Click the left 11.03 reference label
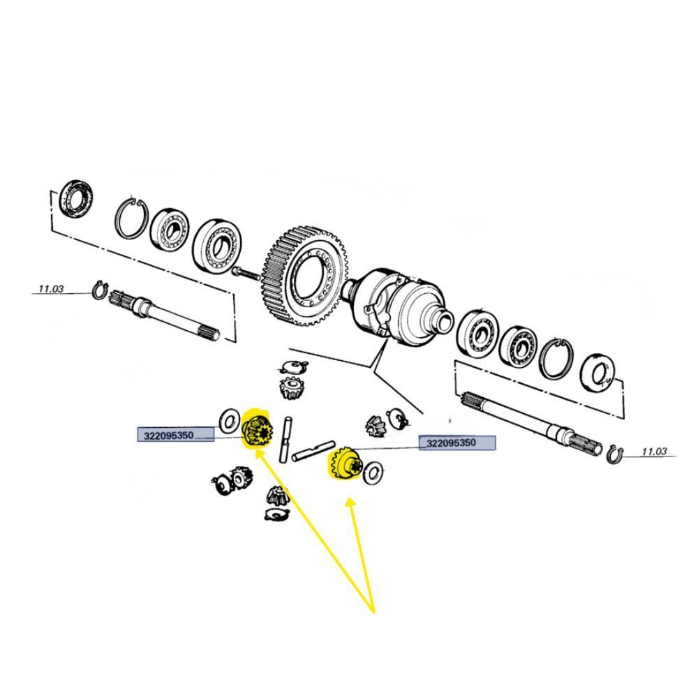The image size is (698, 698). [51, 289]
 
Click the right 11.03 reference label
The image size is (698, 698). [654, 452]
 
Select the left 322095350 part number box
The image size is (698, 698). [176, 435]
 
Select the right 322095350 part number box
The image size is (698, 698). [457, 443]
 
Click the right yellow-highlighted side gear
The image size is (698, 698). [346, 464]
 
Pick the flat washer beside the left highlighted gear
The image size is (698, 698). [230, 421]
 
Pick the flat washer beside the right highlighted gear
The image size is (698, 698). [373, 473]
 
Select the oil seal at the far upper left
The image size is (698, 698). [77, 200]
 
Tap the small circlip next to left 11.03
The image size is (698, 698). [99, 290]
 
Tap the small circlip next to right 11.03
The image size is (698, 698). [615, 454]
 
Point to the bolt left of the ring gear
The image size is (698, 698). [246, 272]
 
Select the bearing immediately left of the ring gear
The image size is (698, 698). [218, 246]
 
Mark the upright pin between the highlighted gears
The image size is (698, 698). [286, 439]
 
